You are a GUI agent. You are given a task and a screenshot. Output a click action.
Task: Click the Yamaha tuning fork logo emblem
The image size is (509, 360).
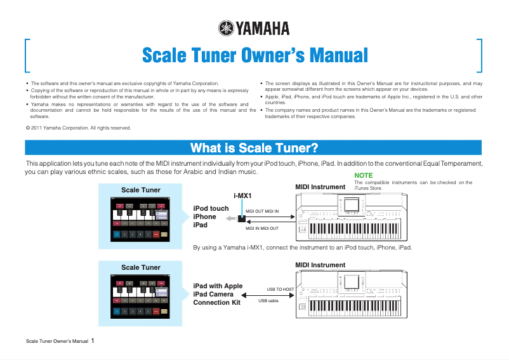(226, 28)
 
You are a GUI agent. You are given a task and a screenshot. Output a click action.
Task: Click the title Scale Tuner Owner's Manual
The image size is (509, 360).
(255, 55)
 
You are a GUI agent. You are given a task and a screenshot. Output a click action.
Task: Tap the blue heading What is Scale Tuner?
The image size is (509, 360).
(254, 148)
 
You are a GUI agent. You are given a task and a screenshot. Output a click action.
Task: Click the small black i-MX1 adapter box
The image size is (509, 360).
(242, 219)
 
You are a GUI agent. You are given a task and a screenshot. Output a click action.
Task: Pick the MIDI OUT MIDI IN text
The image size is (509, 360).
(262, 210)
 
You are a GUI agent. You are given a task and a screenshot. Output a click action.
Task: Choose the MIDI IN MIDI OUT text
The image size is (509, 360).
(262, 227)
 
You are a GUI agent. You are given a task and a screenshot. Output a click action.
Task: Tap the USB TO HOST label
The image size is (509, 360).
(280, 289)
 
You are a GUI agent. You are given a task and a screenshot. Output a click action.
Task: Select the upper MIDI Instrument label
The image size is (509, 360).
(321, 187)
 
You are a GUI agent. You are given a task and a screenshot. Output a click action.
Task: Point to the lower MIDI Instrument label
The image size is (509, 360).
(321, 265)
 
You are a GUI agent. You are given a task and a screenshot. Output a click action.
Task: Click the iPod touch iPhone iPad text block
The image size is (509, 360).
(210, 217)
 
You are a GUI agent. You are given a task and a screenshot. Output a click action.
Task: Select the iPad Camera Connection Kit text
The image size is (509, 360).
(218, 294)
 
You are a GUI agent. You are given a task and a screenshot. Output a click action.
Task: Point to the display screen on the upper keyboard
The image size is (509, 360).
(351, 205)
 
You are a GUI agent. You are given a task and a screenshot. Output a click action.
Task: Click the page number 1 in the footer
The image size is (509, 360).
(93, 340)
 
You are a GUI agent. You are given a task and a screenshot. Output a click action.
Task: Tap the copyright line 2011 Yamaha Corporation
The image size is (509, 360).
(77, 128)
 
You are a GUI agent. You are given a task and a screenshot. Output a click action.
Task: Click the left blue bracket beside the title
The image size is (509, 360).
(27, 56)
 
